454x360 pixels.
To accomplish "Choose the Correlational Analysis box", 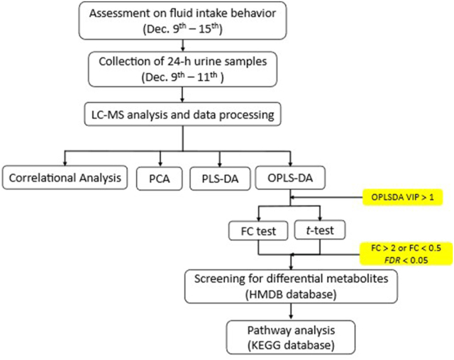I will (x=65, y=178).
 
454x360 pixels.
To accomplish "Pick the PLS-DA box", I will (x=215, y=178).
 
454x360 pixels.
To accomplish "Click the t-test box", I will (x=316, y=231).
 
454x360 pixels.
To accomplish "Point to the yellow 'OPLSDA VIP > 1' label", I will (x=406, y=193).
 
